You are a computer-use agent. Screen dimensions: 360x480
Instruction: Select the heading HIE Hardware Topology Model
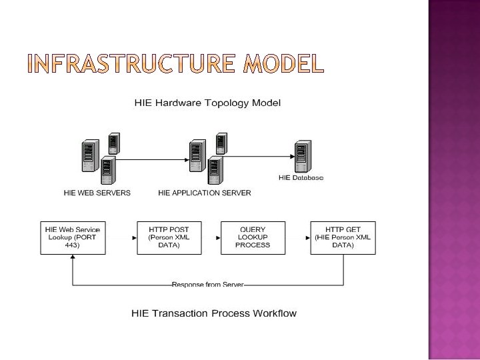pyautogui.click(x=207, y=103)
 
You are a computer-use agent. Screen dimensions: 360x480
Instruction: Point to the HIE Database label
pyautogui.click(x=301, y=177)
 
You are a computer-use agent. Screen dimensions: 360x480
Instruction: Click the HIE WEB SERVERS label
pyautogui.click(x=97, y=193)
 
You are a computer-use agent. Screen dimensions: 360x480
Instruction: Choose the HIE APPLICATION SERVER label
pyautogui.click(x=205, y=193)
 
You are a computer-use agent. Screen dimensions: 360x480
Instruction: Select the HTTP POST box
pyautogui.click(x=164, y=237)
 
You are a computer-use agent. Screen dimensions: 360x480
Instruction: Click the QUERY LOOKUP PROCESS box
pyautogui.click(x=253, y=237)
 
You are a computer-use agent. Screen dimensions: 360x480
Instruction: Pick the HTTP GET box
pyautogui.click(x=343, y=237)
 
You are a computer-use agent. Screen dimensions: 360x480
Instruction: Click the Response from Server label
pyautogui.click(x=207, y=285)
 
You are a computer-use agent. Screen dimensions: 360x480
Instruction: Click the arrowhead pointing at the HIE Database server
pyautogui.click(x=289, y=160)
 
